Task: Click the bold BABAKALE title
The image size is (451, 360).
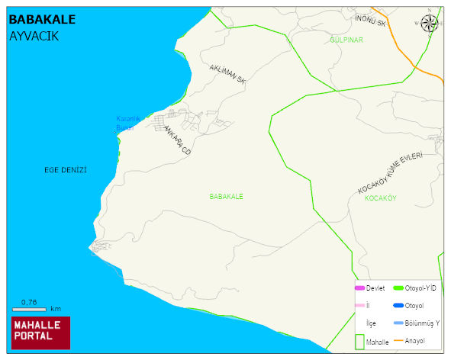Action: (x=42, y=19)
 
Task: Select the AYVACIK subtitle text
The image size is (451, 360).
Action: (x=34, y=36)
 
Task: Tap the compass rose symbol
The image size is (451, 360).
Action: (x=430, y=23)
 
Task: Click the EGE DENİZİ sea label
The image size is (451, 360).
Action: (x=66, y=169)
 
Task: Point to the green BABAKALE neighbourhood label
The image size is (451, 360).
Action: (x=226, y=196)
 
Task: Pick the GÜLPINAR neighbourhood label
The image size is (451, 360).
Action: (x=346, y=39)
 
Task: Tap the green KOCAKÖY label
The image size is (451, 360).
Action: (x=380, y=198)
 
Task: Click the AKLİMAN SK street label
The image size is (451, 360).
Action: (x=227, y=73)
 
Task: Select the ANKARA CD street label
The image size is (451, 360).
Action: (x=176, y=142)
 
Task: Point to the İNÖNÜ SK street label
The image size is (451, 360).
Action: (x=372, y=20)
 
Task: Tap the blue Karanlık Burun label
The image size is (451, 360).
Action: (x=124, y=123)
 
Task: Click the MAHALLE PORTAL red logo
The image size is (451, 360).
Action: (x=40, y=332)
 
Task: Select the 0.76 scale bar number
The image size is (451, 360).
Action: (x=29, y=302)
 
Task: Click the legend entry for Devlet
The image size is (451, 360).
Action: (x=374, y=288)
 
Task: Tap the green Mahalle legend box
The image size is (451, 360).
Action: (x=360, y=341)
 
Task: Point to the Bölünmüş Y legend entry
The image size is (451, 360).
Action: (x=422, y=323)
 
